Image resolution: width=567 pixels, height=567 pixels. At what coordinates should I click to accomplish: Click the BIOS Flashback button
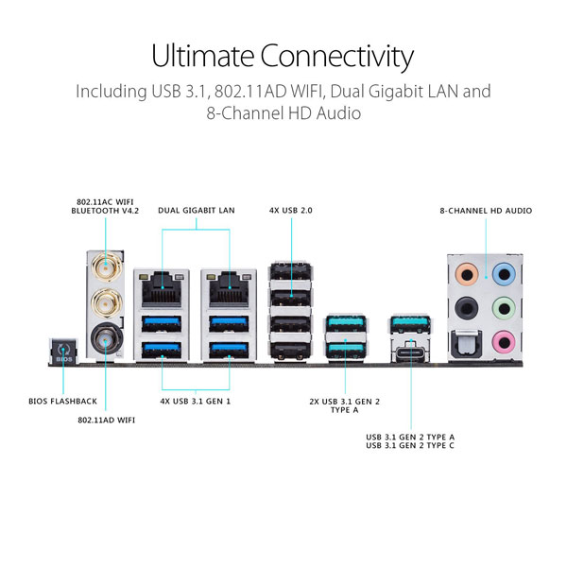point(63,352)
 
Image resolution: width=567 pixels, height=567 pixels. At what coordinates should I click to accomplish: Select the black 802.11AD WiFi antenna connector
point(106,339)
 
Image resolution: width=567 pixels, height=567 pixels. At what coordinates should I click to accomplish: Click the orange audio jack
point(467,274)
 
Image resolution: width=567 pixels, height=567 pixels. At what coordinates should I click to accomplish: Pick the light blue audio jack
point(504,274)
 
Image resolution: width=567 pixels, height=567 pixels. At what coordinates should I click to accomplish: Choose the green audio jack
point(504,308)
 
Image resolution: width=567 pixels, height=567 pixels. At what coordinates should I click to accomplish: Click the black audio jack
point(467,308)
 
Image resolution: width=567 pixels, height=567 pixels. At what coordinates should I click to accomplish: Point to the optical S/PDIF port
point(466,344)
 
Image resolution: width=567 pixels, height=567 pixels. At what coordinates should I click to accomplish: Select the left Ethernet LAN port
point(162,289)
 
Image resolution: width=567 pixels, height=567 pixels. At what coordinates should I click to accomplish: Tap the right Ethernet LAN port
point(229,289)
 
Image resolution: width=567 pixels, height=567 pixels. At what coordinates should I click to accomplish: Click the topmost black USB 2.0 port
point(291,271)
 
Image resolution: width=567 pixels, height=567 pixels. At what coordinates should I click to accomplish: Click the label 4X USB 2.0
point(291,211)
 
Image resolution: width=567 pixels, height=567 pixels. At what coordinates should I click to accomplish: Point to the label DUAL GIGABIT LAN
point(197,211)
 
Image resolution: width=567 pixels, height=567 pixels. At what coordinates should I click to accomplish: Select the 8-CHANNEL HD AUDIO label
point(486,211)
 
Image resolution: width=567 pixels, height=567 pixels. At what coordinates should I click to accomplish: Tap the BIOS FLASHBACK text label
point(63,402)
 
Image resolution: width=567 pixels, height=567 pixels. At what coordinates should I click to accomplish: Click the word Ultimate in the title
point(202,57)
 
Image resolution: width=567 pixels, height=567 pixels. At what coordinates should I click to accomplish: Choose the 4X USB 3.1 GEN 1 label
point(196,402)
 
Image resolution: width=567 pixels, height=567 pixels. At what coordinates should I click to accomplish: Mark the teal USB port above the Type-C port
point(410,323)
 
